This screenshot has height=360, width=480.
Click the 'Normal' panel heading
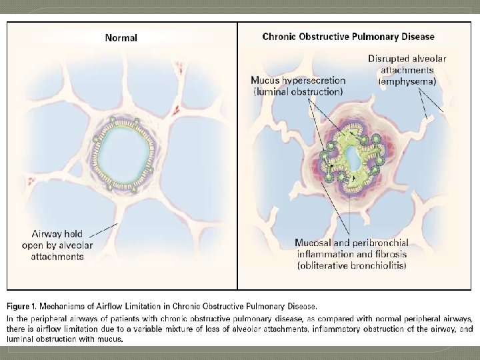coord(121,37)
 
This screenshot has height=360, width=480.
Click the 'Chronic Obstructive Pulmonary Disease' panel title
coord(348,37)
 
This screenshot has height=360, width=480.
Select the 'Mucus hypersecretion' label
coord(297,81)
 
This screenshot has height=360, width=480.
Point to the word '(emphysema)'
coord(407,81)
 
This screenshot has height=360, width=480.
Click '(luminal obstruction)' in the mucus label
coord(297,91)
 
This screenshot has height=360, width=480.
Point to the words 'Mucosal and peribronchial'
coord(351,243)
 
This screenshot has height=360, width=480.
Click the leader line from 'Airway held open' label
coord(103,230)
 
